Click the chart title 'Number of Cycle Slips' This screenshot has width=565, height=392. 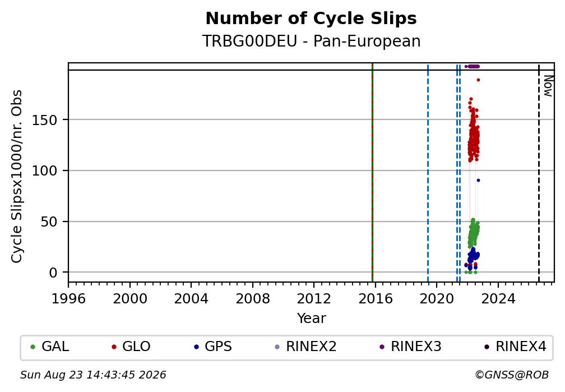coord(311,19)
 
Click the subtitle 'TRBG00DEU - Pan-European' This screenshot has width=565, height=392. coord(311,41)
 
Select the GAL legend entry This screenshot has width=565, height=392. coord(50,347)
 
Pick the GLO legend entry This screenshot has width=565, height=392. coord(131,347)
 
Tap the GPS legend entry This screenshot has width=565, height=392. coord(212,347)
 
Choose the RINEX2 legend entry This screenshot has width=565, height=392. coord(305,347)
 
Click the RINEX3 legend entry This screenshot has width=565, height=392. coord(410,347)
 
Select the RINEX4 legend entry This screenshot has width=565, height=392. coord(515,347)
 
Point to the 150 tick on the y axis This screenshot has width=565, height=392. coord(45,120)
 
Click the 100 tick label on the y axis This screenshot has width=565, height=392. coord(45,170)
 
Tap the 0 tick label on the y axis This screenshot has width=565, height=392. coord(53,273)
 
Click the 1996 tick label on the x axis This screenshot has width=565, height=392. coord(68,298)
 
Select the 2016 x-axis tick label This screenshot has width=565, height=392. coord(376,298)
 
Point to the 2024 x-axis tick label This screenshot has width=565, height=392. coord(498,298)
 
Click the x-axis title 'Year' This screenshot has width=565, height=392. coord(311,319)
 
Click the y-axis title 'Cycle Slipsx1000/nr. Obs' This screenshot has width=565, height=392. coord(17,176)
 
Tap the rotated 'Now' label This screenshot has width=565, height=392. coord(548,86)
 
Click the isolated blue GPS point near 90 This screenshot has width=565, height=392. coord(478,181)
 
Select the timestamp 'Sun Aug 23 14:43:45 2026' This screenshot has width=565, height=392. coord(93,375)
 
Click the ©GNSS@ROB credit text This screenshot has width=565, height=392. coord(512,375)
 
